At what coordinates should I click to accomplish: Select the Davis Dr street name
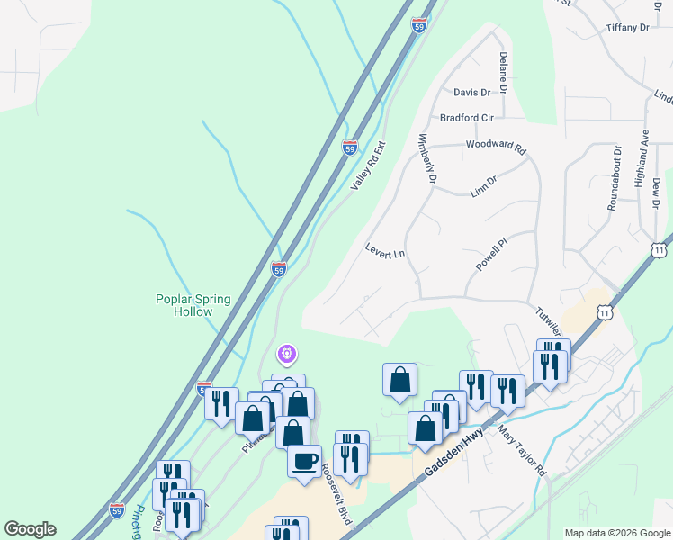471,92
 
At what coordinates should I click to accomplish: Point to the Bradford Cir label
467,118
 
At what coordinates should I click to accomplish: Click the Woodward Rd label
495,147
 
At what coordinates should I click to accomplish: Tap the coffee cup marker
304,460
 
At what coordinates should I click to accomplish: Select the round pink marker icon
288,355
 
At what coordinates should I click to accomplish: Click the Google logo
30,529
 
